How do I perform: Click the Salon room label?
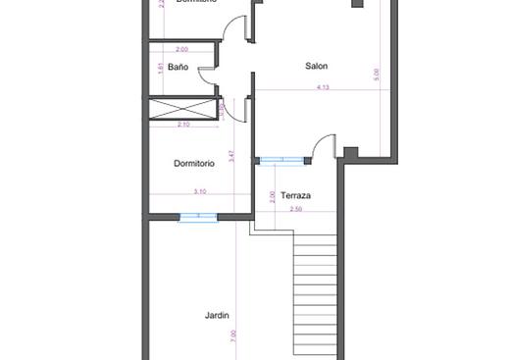click(x=316, y=66)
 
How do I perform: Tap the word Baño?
click(x=178, y=67)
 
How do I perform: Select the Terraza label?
click(x=295, y=195)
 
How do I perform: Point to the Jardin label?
click(x=217, y=315)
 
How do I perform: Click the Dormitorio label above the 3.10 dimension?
click(x=193, y=163)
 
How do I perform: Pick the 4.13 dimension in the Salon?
click(x=323, y=87)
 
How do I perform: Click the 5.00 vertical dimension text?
click(x=377, y=73)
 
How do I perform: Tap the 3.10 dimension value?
click(x=200, y=190)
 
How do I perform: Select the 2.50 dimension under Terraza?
click(x=295, y=209)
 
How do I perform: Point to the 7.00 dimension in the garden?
click(x=233, y=334)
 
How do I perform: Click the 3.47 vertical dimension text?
click(x=231, y=155)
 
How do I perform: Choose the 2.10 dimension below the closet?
click(x=182, y=125)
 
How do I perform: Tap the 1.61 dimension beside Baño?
click(x=160, y=67)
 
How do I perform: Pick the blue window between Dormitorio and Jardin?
click(x=197, y=217)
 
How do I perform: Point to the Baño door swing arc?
click(x=206, y=74)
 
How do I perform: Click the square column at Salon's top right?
click(x=358, y=4)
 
